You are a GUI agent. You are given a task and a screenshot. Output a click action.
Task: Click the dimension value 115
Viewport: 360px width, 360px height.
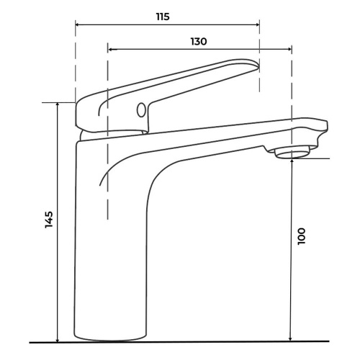coord(163,17)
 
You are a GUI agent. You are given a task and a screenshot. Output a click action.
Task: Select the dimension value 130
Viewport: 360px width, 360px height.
coord(199,42)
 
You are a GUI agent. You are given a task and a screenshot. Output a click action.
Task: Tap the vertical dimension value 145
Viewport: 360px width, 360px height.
coord(49,220)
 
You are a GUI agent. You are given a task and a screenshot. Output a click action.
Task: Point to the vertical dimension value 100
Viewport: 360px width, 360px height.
coord(302,236)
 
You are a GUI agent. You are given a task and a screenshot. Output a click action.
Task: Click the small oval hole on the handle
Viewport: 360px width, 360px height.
coord(141,110)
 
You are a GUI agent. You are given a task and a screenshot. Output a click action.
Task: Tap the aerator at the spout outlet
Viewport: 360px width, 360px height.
coord(292,153)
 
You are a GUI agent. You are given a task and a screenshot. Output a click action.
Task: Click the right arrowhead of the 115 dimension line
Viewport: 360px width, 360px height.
coord(258,24)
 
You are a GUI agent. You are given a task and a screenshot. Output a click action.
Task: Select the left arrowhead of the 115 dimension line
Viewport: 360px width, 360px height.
coord(78,24)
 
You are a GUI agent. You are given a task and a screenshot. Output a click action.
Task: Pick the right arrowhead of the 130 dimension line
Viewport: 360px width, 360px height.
coord(289,49)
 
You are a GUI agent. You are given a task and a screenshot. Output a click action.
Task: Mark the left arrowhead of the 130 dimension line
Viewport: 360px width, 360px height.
coord(110,49)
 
